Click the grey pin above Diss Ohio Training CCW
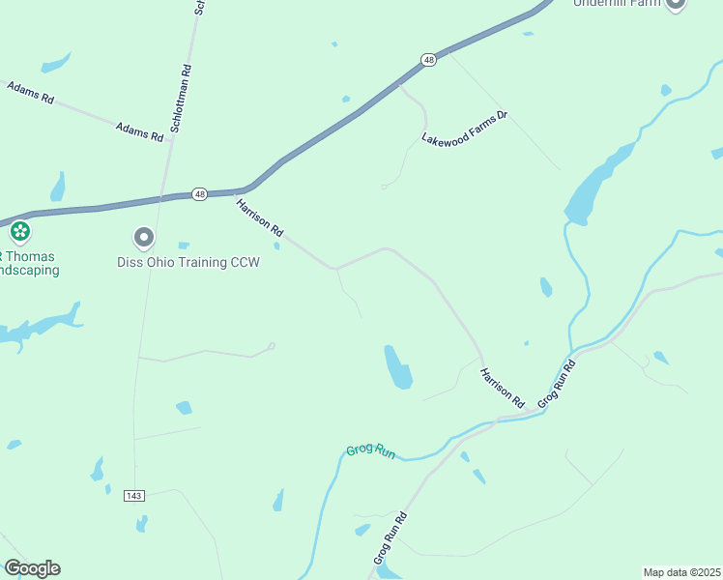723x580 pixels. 144,237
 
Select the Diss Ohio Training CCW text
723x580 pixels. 188,262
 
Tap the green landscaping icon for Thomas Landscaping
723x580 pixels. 19,232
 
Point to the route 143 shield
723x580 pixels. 134,496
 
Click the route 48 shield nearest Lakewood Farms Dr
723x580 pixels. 429,60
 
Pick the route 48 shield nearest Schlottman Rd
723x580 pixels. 198,193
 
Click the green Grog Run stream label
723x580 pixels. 371,452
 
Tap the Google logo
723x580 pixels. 32,568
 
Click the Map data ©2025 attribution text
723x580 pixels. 681,572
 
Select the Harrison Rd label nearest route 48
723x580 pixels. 259,217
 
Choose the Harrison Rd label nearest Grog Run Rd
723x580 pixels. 502,387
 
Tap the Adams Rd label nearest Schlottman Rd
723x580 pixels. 139,131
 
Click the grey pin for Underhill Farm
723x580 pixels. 675,3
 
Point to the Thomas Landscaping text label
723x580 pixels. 29,263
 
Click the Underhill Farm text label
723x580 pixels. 617,3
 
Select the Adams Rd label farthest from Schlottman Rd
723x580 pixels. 30,93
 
